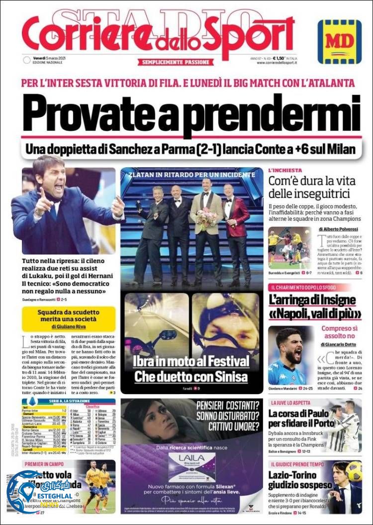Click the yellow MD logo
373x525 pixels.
[340, 41]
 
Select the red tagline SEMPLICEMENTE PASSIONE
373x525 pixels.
[176, 62]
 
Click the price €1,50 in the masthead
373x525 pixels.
[282, 58]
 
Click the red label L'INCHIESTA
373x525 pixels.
[285, 170]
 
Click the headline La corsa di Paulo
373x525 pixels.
[298, 414]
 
